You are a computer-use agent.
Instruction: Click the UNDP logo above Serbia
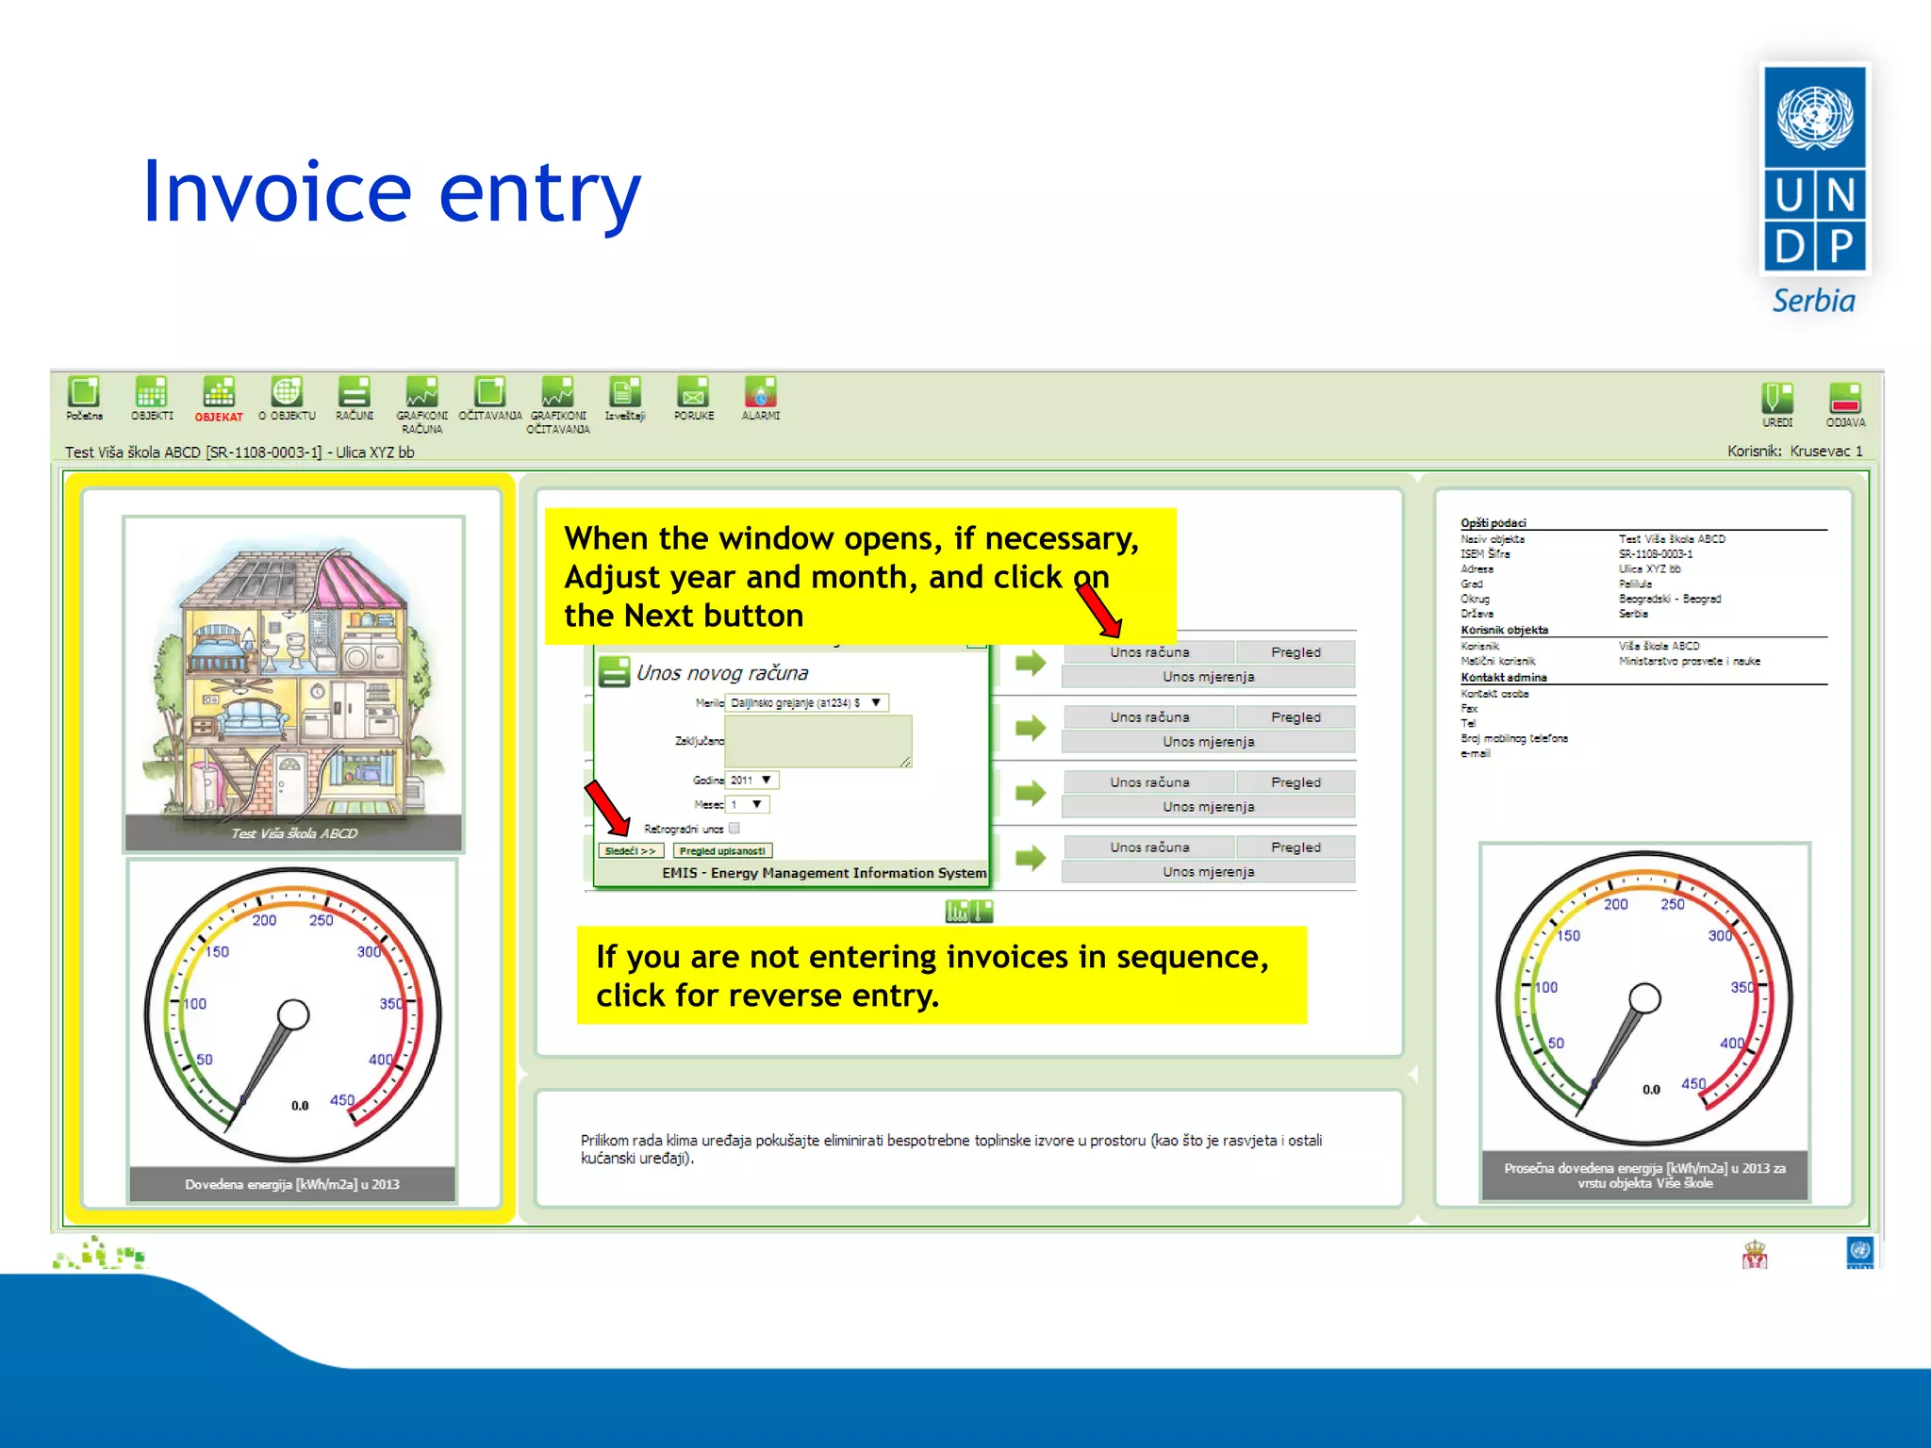(1814, 170)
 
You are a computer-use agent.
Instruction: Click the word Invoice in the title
(276, 193)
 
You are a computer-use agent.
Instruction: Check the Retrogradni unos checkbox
(734, 829)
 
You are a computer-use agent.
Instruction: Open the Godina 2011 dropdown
(752, 781)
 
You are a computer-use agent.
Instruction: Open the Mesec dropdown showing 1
(748, 805)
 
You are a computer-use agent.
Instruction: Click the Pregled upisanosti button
(722, 851)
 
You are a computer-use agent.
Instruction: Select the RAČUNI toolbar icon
(355, 394)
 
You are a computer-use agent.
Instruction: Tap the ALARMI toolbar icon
(760, 394)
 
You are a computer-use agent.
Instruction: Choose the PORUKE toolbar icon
(693, 394)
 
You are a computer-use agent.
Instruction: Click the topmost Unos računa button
(1148, 652)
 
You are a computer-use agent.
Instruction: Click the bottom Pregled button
(1295, 847)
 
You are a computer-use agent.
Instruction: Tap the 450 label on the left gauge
(341, 1100)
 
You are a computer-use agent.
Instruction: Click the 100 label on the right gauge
(1546, 988)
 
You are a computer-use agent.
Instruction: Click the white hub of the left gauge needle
(293, 1015)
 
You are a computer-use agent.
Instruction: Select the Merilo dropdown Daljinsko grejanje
(806, 703)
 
